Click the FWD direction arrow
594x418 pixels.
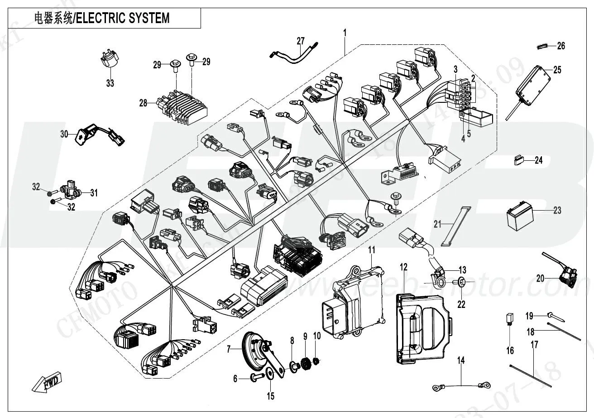click(47, 383)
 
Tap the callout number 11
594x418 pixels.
click(371, 250)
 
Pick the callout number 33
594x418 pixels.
click(110, 83)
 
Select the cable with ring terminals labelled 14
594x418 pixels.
click(460, 386)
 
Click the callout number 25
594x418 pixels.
click(557, 70)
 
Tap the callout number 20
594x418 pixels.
click(540, 279)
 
